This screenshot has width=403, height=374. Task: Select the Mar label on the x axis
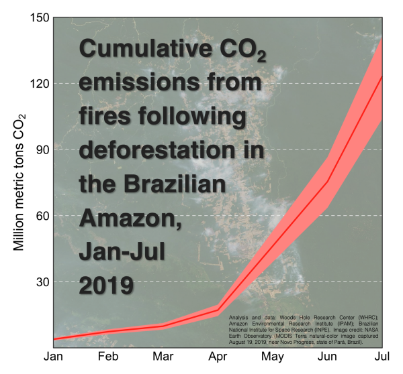click(163, 357)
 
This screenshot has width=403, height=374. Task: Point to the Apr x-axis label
click(217, 357)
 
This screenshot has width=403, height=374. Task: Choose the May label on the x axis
click(272, 357)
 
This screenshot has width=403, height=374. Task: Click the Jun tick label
click(327, 357)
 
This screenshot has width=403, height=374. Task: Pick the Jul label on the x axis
click(382, 357)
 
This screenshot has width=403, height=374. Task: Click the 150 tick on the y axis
click(36, 17)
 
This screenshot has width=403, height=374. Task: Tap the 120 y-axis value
click(36, 84)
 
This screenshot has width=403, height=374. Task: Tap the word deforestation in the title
click(171, 149)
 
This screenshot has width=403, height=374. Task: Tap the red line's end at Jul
click(382, 78)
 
